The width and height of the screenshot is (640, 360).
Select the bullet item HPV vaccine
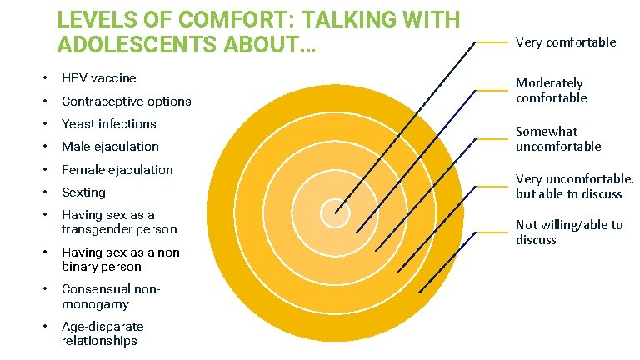[x=98, y=78]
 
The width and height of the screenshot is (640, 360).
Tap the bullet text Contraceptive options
[x=126, y=102]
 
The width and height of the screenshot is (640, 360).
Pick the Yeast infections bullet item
[x=108, y=124]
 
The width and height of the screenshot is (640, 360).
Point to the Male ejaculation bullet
[x=110, y=147]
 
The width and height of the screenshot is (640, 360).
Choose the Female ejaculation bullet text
[x=117, y=170]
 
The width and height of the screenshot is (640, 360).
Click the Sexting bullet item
[x=83, y=192]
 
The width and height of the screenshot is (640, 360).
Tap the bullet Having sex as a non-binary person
[x=122, y=259]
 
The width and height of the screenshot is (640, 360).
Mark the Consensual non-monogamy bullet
[x=110, y=297]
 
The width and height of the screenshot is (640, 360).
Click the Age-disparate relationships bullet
[x=102, y=333]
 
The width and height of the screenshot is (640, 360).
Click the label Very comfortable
[x=565, y=42]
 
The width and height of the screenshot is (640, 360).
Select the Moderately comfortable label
[x=551, y=91]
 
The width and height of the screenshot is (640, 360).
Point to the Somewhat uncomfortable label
[x=557, y=139]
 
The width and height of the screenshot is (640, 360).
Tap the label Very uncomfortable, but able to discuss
[x=573, y=186]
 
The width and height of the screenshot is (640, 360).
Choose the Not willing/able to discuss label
[x=568, y=232]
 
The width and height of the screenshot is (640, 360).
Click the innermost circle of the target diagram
[x=334, y=212]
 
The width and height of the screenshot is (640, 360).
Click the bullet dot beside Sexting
[x=44, y=192]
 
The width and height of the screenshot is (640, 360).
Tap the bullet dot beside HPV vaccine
[x=44, y=78]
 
